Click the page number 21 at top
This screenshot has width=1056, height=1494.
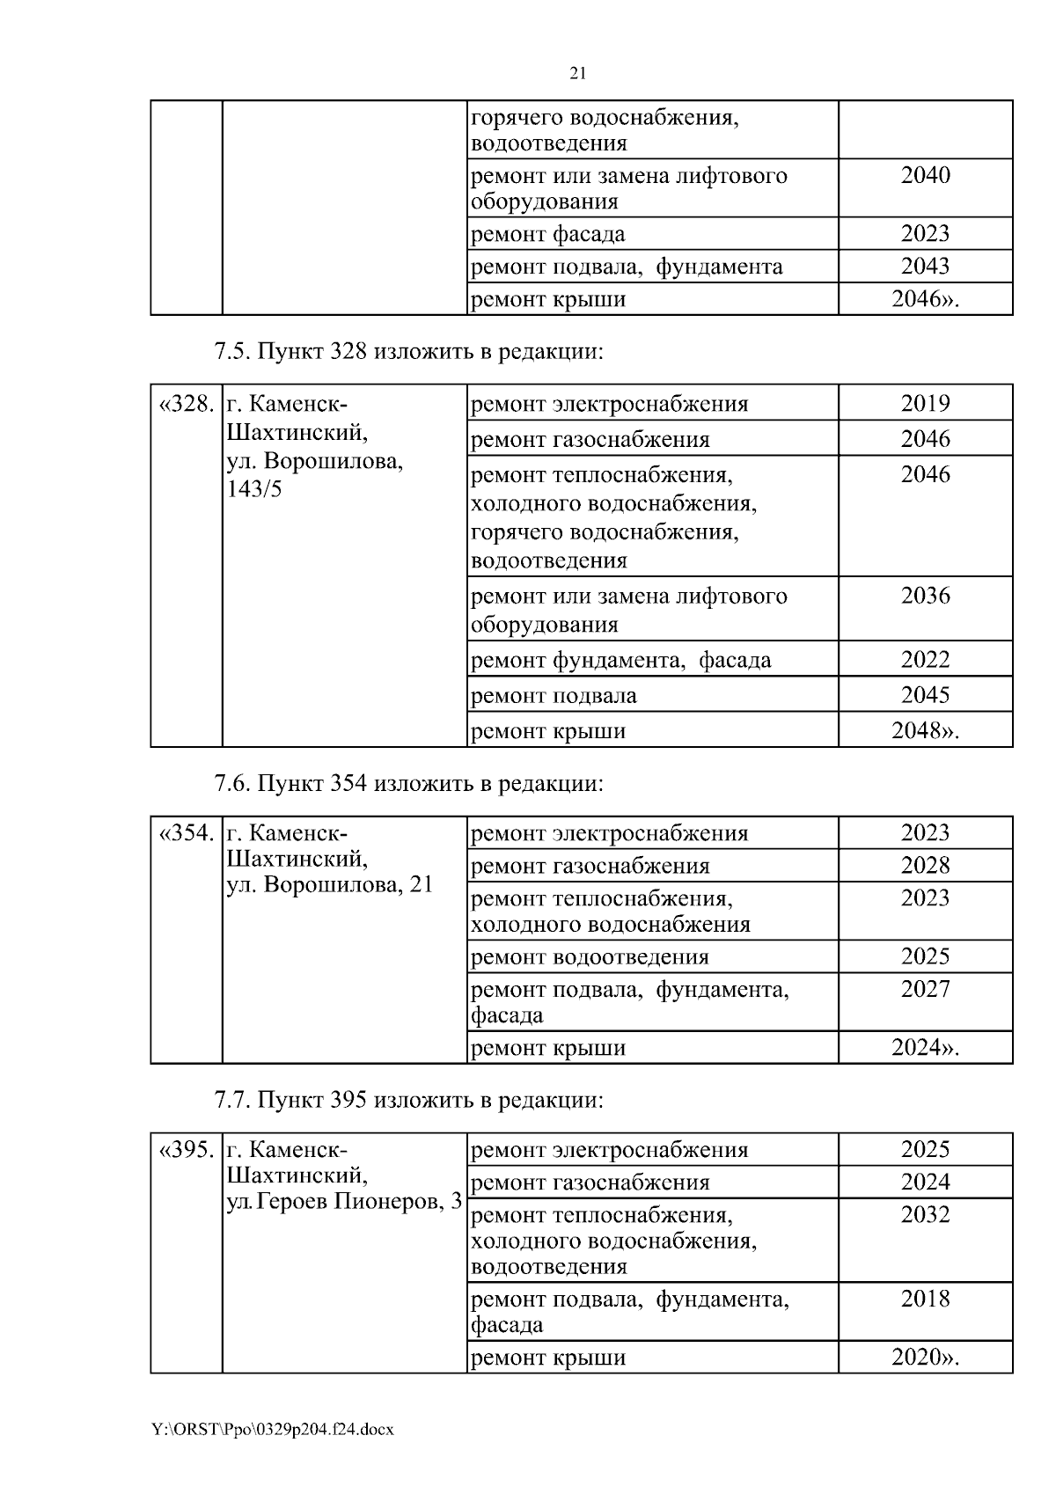pyautogui.click(x=578, y=73)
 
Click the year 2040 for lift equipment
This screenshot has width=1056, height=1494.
pyautogui.click(x=925, y=175)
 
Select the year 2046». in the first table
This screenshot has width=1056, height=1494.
pyautogui.click(x=925, y=299)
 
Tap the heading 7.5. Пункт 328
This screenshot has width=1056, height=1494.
pyautogui.click(x=409, y=352)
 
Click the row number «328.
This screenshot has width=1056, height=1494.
pyautogui.click(x=186, y=404)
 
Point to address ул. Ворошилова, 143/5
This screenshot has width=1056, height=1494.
pyautogui.click(x=314, y=475)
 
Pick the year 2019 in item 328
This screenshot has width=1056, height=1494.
pyautogui.click(x=925, y=404)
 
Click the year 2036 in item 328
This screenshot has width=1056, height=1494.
pyautogui.click(x=925, y=596)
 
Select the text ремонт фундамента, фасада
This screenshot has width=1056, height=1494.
pyautogui.click(x=621, y=660)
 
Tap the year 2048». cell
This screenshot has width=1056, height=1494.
pyautogui.click(x=925, y=731)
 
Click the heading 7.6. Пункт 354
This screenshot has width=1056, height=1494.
pyautogui.click(x=409, y=782)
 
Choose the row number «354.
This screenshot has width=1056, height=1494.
pyautogui.click(x=186, y=833)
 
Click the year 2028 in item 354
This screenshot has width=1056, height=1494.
pyautogui.click(x=925, y=866)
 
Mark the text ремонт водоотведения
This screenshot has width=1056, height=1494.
pyautogui.click(x=590, y=957)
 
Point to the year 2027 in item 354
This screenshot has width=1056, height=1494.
pyautogui.click(x=925, y=989)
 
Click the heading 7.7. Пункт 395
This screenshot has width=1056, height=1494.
pyautogui.click(x=409, y=1100)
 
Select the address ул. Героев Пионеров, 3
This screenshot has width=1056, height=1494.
pyautogui.click(x=344, y=1201)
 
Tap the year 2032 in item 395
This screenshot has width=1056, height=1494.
pyautogui.click(x=925, y=1215)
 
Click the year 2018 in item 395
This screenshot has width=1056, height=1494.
pyautogui.click(x=925, y=1300)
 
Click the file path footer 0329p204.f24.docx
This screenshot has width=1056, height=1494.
pyautogui.click(x=273, y=1430)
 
